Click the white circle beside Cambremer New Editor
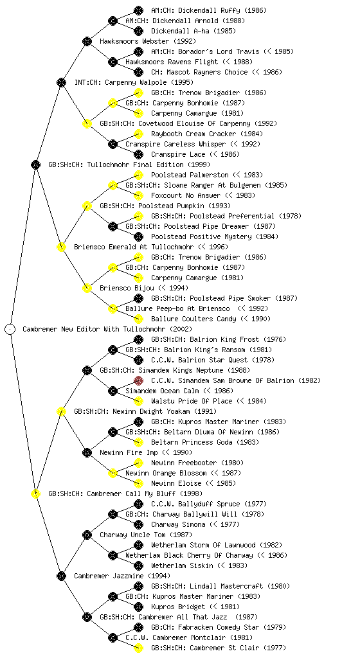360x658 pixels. pos(10,329)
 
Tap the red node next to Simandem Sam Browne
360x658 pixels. pos(138,380)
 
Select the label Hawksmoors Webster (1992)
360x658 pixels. pos(148,41)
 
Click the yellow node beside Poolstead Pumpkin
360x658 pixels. pos(87,206)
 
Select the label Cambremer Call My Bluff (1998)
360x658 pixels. pos(145,493)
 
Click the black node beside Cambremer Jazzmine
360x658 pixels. pos(61,576)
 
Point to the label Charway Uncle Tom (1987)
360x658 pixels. pos(146,535)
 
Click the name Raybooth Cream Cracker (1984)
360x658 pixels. pos(207,134)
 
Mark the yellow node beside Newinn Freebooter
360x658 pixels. pos(138,463)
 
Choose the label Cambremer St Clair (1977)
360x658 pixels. pos(238,648)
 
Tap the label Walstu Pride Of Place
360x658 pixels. pos(192,401)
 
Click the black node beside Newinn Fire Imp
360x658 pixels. pos(87,452)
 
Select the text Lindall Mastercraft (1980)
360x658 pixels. pos(238,586)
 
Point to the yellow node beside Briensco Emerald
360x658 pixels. pos(61,247)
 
